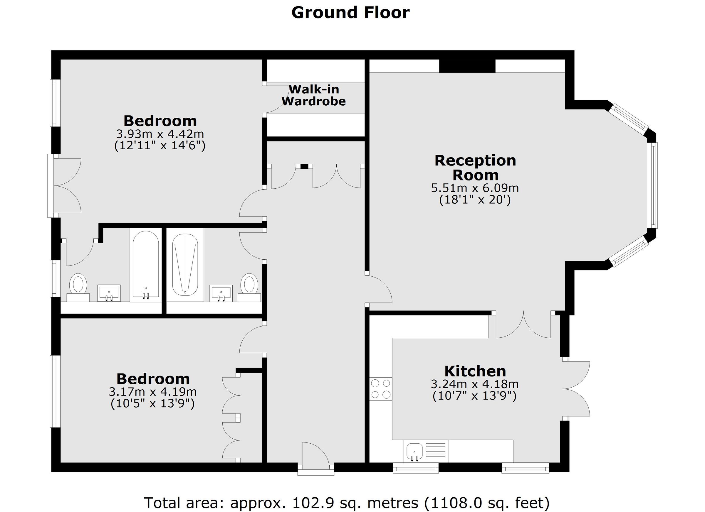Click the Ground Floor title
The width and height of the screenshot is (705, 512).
(x=350, y=13)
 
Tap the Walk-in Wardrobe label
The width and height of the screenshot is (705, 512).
(x=314, y=95)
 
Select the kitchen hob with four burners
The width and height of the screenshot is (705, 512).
(x=380, y=389)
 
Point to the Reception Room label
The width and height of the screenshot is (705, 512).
(x=475, y=168)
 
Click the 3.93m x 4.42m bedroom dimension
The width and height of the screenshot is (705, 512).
(x=160, y=134)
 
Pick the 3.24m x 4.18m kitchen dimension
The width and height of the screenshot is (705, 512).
(x=474, y=384)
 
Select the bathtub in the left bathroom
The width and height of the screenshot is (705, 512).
(x=146, y=265)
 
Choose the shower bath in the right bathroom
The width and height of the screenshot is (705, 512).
(x=185, y=265)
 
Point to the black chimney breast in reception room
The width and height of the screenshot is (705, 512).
(x=467, y=66)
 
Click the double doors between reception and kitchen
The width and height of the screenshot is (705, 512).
(x=523, y=325)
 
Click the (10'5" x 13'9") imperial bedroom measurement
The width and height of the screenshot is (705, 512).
(x=152, y=404)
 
